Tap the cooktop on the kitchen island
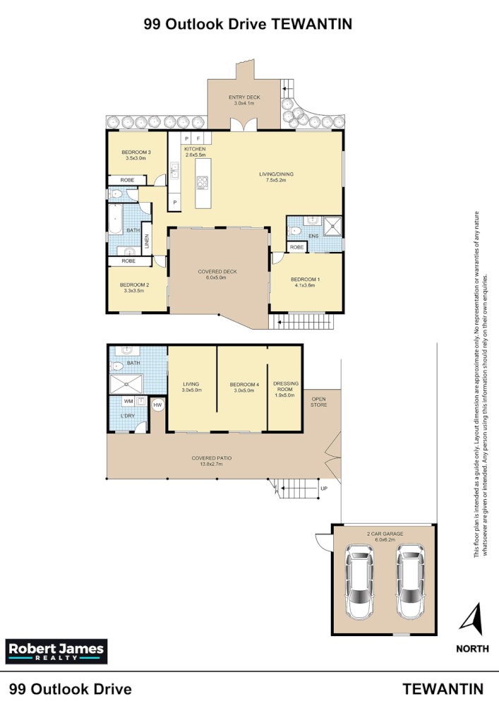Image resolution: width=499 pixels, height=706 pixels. (202, 182)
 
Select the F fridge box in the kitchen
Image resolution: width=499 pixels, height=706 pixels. (199, 139)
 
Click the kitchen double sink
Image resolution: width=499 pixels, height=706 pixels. (174, 169)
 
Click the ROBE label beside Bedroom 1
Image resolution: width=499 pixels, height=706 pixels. (296, 247)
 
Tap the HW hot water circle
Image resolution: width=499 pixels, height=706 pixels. (157, 405)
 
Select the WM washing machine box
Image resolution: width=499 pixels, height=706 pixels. (128, 401)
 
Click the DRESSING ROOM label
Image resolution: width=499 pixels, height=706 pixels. (287, 388)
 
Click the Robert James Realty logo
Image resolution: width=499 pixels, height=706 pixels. (55, 650)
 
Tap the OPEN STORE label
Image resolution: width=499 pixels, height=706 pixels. (318, 402)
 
